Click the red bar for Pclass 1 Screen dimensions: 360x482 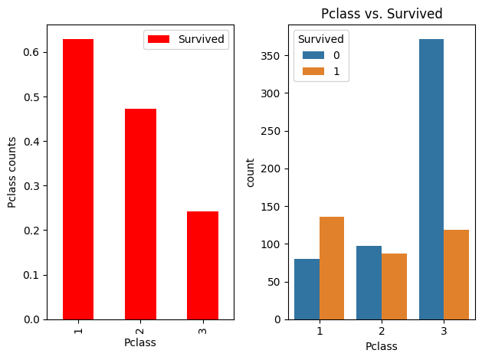(x=77, y=179)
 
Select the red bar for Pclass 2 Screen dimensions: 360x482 (x=140, y=214)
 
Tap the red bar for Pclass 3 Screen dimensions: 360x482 (x=202, y=265)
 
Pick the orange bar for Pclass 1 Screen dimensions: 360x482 (x=332, y=268)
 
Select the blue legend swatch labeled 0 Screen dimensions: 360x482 (x=308, y=54)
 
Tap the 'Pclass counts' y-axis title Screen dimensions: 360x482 (x=11, y=172)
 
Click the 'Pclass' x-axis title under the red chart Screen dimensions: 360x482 (x=140, y=342)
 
